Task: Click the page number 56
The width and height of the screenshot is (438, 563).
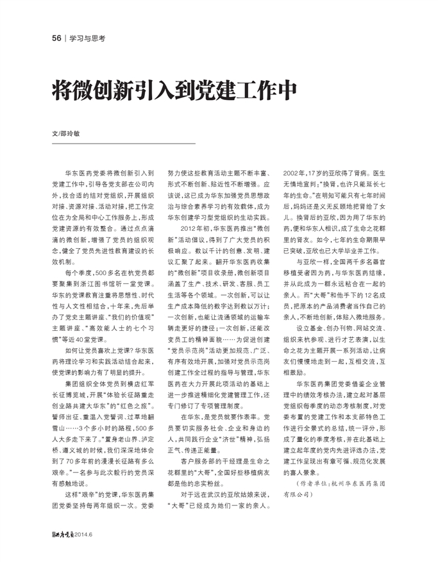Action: tap(56, 38)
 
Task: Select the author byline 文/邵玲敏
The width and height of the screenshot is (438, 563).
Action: tap(66, 134)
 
